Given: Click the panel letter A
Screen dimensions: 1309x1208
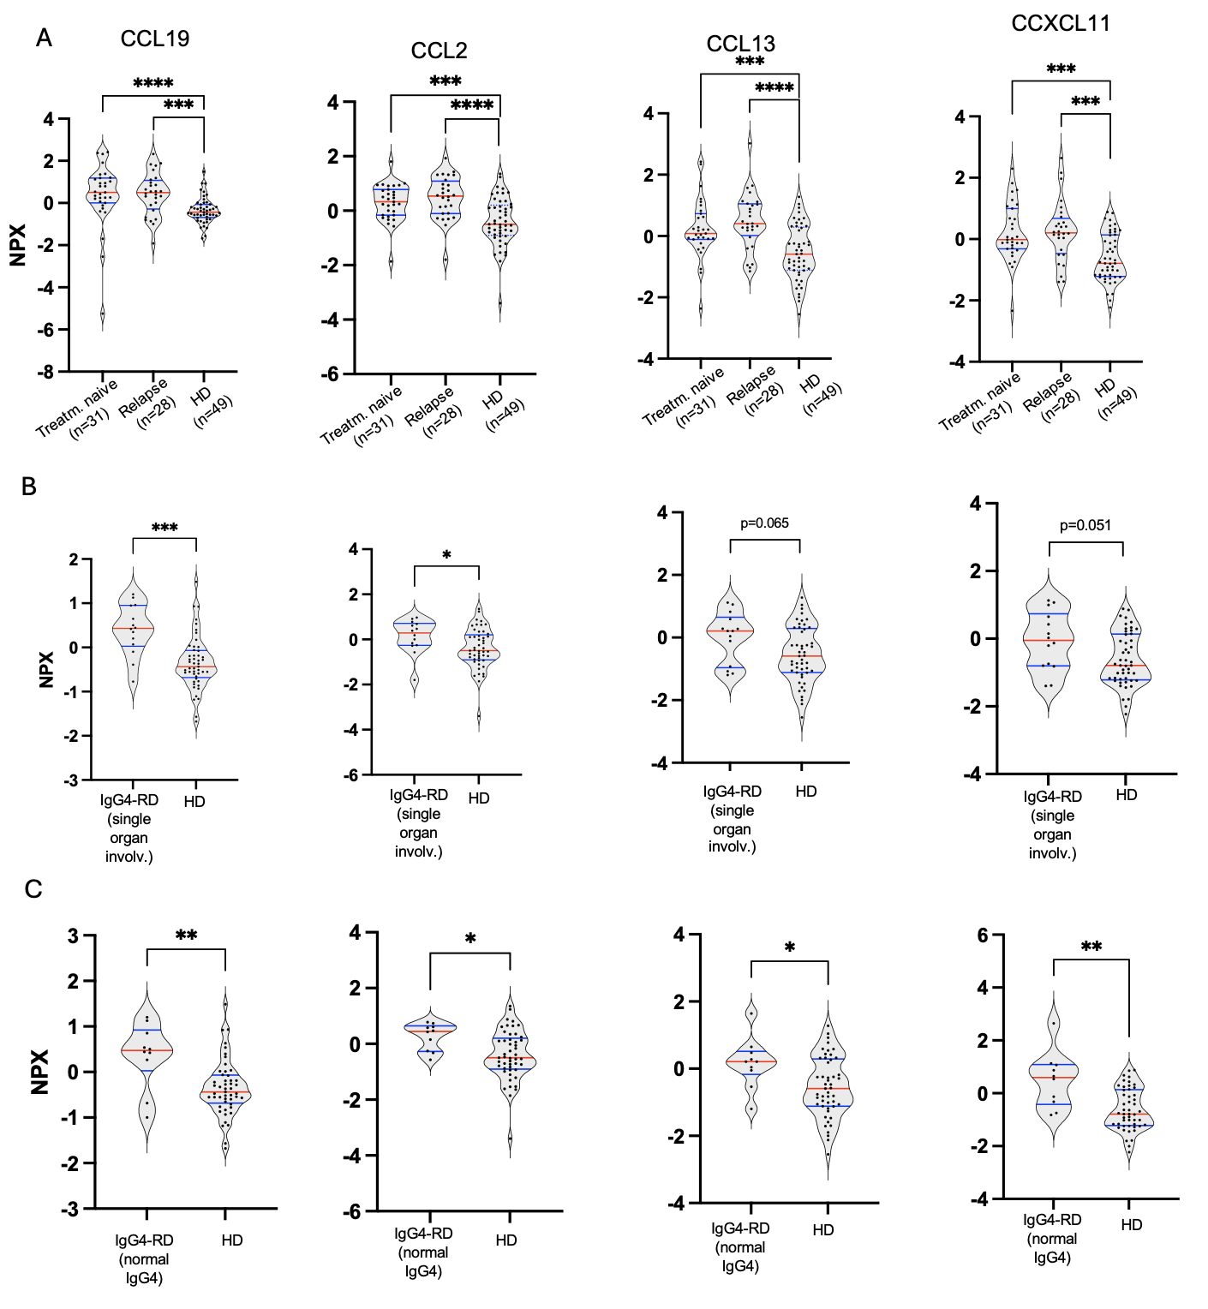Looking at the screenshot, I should [x=44, y=39].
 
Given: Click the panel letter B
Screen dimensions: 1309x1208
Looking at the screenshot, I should [x=28, y=487].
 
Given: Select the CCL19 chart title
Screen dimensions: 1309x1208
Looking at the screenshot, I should [x=155, y=39].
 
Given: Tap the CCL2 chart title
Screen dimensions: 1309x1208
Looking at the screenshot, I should [x=439, y=51].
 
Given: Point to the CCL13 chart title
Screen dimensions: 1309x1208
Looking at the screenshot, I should [x=741, y=44].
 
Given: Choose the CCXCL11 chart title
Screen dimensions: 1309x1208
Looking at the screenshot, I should [x=1061, y=24].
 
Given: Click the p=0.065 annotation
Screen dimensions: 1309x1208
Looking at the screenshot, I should [x=764, y=523].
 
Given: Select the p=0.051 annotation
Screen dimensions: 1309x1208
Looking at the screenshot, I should [x=1085, y=525].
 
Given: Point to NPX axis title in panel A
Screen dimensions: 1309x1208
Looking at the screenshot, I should [x=19, y=244].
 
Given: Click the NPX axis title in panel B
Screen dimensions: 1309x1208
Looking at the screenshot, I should [x=46, y=669].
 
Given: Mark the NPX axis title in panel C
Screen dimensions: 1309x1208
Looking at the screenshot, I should [x=39, y=1072].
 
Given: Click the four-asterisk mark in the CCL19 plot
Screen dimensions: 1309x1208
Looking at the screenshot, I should [x=153, y=84].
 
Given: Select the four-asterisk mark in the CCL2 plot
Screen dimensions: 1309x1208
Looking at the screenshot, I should [x=472, y=106].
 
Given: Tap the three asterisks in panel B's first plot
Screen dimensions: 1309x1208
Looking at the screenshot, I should [x=164, y=529].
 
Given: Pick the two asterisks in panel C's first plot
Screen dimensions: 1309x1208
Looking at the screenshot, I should [x=186, y=936].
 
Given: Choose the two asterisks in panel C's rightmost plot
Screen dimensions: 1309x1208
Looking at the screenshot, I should [x=1091, y=947].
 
